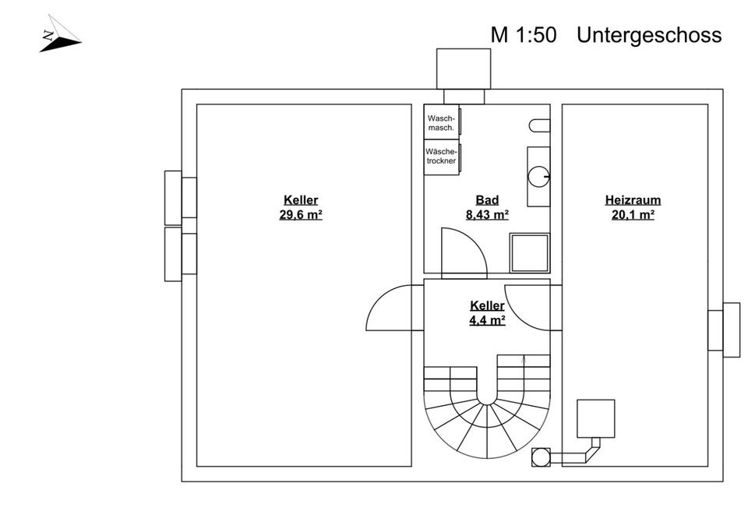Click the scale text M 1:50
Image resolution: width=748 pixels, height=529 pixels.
pyautogui.click(x=523, y=35)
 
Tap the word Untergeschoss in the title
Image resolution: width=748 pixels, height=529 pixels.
pyautogui.click(x=648, y=35)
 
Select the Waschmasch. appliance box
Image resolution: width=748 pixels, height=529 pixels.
pyautogui.click(x=442, y=122)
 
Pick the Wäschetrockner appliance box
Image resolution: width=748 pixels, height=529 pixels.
pyautogui.click(x=441, y=157)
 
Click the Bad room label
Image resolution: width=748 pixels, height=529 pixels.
pyautogui.click(x=487, y=200)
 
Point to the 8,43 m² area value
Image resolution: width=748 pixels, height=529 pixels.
pyautogui.click(x=487, y=215)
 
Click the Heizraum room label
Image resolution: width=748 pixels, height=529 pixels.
pyautogui.click(x=633, y=200)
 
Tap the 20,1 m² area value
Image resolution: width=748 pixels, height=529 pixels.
pyautogui.click(x=633, y=215)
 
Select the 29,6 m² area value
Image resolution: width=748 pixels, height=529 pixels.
pyautogui.click(x=301, y=215)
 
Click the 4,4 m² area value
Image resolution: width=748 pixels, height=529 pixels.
pyautogui.click(x=487, y=319)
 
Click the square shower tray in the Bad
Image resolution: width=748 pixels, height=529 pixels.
pyautogui.click(x=530, y=252)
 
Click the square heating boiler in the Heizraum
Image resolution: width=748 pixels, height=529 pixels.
pyautogui.click(x=596, y=418)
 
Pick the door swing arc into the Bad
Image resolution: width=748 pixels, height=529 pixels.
pyautogui.click(x=461, y=251)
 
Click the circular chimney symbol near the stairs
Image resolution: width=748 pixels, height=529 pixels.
pyautogui.click(x=541, y=457)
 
